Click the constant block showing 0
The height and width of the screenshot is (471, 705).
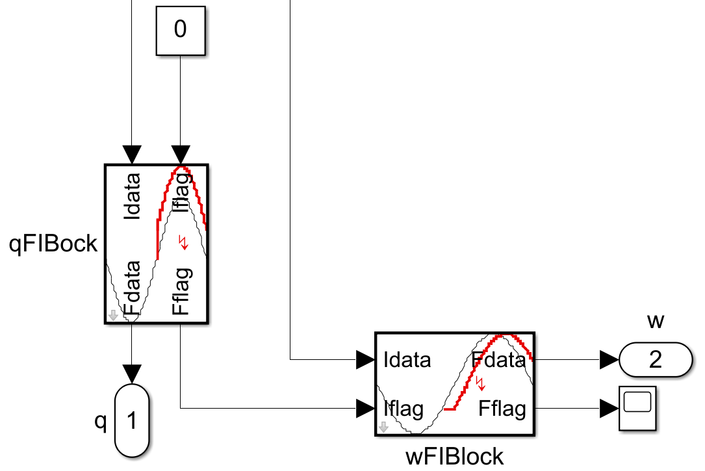coord(180,30)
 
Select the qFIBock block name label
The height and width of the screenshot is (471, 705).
coord(53,244)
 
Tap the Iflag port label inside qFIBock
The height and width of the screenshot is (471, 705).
coord(181,194)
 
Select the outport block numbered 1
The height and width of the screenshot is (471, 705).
coord(132,421)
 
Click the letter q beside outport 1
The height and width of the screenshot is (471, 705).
coord(100,421)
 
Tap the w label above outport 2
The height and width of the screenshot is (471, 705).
coord(655,320)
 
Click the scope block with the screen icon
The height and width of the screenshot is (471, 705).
coord(637,408)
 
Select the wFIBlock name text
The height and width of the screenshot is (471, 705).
coord(454,456)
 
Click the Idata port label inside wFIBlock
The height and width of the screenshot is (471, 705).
coord(407,359)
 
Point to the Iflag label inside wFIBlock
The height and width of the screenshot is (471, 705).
coord(404,409)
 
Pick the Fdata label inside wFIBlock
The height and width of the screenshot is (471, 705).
coord(498,359)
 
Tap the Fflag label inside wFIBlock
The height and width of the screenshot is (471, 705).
coord(502,409)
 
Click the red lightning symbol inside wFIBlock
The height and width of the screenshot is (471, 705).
coord(481,383)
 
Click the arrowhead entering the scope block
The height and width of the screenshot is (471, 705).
coord(609,409)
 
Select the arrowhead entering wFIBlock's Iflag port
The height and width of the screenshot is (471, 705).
coord(365,409)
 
